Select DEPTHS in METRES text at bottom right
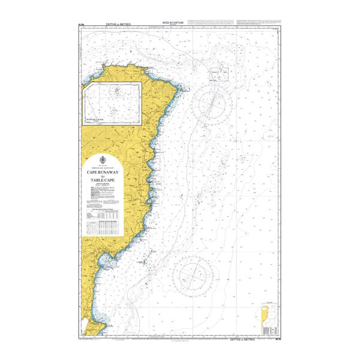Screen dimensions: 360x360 click(246, 340)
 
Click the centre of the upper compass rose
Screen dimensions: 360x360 click(214, 103)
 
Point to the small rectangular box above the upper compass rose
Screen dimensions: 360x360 click(218, 74)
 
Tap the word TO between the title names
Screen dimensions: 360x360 click(106, 175)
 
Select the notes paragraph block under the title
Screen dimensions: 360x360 click(106, 195)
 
